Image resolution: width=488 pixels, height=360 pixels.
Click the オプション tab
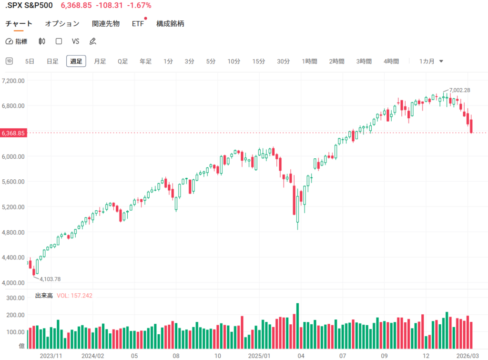coord(62,23)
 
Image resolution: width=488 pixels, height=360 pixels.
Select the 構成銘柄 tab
coord(170,23)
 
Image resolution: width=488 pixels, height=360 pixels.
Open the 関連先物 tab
coord(106,23)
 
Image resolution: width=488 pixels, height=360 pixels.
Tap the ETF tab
coord(138,23)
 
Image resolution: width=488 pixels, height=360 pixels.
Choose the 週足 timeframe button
coord(76,61)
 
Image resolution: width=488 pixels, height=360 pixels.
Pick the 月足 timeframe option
coord(100,61)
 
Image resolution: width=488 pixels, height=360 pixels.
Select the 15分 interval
coord(259,61)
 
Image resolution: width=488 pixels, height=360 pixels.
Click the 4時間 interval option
coord(391,61)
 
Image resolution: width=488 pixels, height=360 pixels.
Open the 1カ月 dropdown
coord(431,61)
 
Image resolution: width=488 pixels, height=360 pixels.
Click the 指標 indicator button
coord(17,41)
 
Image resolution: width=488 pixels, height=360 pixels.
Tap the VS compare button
coord(75,41)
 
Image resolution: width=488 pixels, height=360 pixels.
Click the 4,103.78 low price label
coord(50,279)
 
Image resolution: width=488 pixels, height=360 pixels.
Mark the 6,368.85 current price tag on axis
coord(13,134)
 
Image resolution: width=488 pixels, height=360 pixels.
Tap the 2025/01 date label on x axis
coord(260,355)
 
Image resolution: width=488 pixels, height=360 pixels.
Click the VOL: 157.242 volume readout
coord(74,296)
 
